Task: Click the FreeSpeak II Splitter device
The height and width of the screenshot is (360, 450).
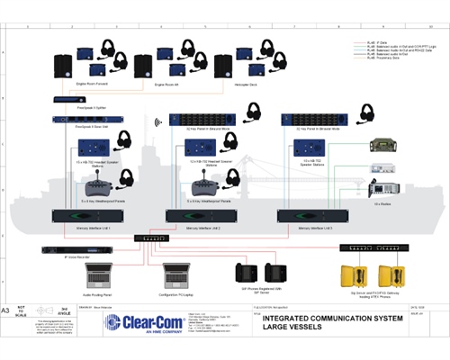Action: tap(68, 99)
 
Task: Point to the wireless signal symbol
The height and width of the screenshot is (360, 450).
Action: tap(158, 119)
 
